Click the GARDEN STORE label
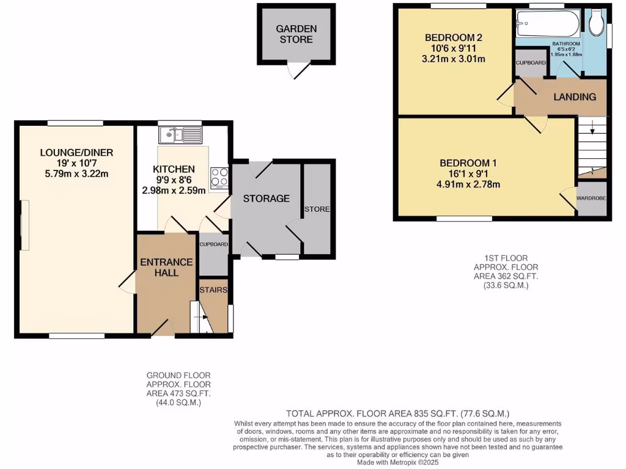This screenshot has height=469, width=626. coord(296,34)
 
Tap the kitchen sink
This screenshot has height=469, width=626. coord(180,134)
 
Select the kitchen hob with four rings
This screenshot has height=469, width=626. coord(219,177)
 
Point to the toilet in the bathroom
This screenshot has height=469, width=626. coord(595,23)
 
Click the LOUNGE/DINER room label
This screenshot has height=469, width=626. coord(77,152)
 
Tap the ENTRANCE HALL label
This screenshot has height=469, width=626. coord(166,267)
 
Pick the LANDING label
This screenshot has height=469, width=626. coord(575,97)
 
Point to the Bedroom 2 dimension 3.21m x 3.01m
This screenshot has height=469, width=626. coord(454,59)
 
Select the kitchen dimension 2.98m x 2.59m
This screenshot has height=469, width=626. coord(174,189)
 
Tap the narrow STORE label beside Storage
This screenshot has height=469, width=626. coord(319,209)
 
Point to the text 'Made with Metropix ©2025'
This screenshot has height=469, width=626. coord(399,462)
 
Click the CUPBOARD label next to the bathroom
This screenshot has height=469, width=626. coord(531,63)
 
